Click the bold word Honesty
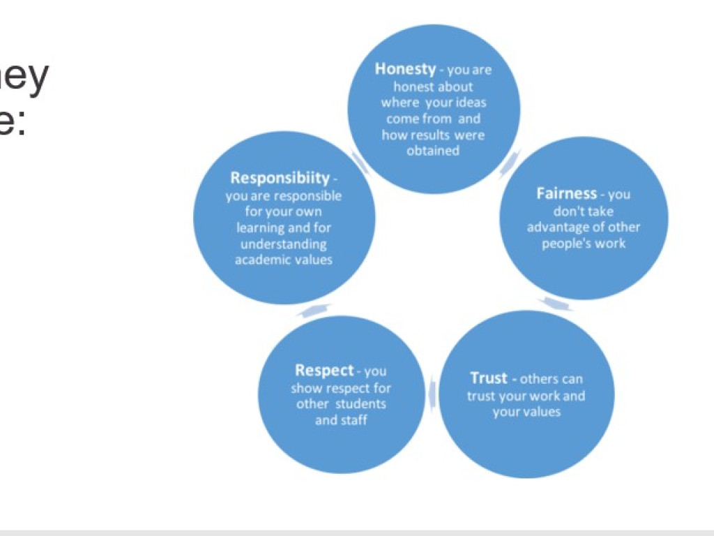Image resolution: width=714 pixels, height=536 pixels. [405, 69]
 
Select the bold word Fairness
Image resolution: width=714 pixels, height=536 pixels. [566, 193]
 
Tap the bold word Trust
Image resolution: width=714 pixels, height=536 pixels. [489, 378]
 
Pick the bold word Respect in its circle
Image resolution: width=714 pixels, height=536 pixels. [324, 371]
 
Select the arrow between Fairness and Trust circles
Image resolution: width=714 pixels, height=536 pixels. [557, 304]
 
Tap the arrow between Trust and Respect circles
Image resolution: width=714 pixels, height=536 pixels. [432, 392]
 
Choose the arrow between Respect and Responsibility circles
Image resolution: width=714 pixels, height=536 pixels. [313, 310]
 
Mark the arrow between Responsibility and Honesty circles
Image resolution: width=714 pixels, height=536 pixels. [360, 162]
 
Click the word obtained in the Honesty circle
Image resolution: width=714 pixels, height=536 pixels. [433, 150]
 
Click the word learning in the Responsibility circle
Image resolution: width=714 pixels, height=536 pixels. [259, 228]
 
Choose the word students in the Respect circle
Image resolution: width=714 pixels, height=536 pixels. [360, 404]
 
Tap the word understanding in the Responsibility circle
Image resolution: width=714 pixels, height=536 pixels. [283, 244]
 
